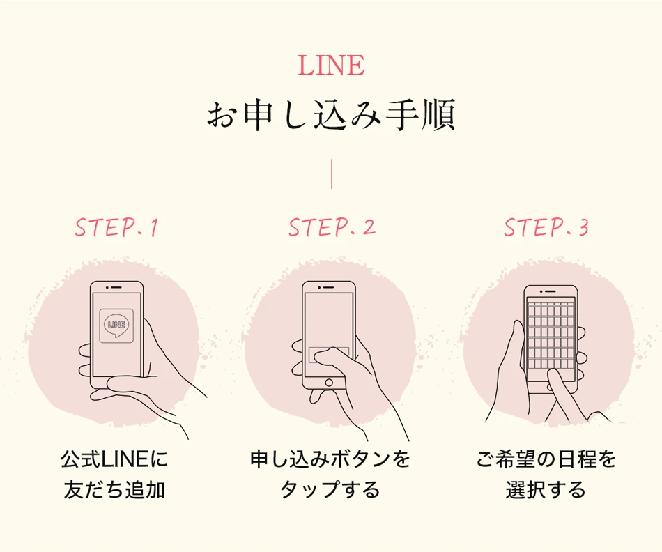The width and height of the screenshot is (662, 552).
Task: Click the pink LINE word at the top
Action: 331,66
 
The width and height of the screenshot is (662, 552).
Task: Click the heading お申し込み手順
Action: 331,116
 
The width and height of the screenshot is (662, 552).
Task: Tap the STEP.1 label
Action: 116,228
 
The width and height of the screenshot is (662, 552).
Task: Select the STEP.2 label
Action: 332,228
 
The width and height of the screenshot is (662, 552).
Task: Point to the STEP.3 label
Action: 546,228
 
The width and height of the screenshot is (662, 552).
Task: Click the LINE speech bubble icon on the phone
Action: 116,324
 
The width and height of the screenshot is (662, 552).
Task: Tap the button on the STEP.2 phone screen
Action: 328,354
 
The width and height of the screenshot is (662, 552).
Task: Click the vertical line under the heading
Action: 332,175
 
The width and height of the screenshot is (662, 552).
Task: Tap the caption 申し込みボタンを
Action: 330,460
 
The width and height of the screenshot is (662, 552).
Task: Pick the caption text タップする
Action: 330,490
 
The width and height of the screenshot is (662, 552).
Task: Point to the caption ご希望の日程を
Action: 546,460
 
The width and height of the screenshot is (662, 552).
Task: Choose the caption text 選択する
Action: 546,490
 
